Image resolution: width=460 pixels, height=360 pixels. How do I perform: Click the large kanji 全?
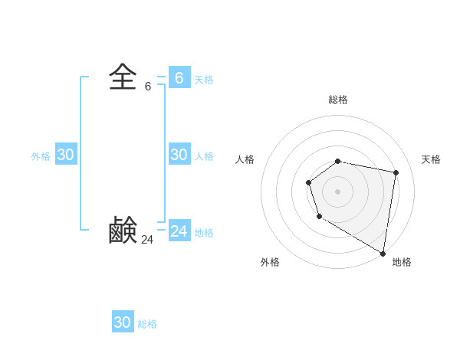(x=123, y=77)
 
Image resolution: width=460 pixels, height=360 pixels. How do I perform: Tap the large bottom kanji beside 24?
(x=123, y=230)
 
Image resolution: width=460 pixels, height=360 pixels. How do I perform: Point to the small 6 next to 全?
(x=148, y=87)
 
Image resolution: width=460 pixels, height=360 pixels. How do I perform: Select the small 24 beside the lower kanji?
(x=147, y=240)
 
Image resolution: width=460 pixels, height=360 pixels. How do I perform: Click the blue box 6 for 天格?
(x=179, y=77)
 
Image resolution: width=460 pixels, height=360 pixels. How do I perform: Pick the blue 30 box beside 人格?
(x=179, y=154)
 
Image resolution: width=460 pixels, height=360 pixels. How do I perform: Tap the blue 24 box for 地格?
(x=179, y=231)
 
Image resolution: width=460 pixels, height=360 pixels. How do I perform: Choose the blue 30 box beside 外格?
(x=65, y=154)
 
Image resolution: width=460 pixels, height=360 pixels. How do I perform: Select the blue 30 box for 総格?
(x=123, y=322)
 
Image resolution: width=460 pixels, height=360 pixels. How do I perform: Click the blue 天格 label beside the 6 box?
(x=204, y=80)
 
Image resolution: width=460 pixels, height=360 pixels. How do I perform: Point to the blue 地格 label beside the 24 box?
(x=204, y=233)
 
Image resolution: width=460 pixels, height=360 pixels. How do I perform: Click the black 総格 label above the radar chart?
(x=338, y=100)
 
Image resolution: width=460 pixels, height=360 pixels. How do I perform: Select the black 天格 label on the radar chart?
(x=431, y=159)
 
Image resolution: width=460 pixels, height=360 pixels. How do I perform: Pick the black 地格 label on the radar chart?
(x=402, y=262)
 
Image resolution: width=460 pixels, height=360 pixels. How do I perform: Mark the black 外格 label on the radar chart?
(x=270, y=262)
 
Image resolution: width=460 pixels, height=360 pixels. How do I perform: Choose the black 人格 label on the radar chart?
(x=245, y=159)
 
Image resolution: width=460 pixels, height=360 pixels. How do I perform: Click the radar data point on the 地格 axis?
(x=383, y=253)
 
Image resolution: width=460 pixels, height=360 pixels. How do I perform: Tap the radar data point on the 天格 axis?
(x=396, y=172)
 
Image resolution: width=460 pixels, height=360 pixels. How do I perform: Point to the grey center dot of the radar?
(x=338, y=191)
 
